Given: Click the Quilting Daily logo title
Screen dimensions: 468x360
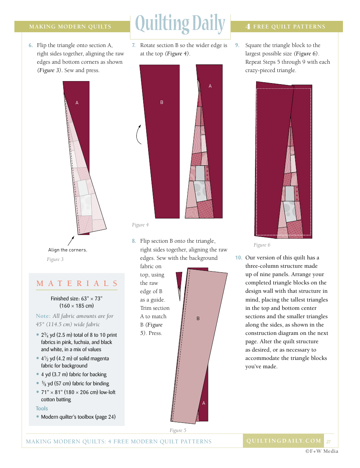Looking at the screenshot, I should pyautogui.click(x=180, y=24).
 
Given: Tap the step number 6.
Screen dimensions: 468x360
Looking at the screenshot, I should pyautogui.click(x=31, y=46).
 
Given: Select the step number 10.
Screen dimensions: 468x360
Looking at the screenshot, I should pyautogui.click(x=238, y=258).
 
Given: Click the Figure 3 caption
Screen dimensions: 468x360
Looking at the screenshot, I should pyautogui.click(x=55, y=259).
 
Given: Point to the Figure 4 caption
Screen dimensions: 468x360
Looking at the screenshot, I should pyautogui.click(x=140, y=225).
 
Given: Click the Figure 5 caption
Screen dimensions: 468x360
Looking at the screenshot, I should pyautogui.click(x=178, y=430).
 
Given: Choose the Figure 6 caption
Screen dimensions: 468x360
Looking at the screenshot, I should pyautogui.click(x=262, y=245).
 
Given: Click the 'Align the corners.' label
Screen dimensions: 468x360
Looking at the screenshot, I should pyautogui.click(x=67, y=250).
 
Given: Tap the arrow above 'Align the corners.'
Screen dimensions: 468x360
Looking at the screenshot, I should pyautogui.click(x=71, y=240).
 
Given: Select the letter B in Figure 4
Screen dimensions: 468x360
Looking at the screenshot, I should pyautogui.click(x=162, y=102).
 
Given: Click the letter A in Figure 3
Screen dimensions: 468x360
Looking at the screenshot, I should pyautogui.click(x=77, y=103).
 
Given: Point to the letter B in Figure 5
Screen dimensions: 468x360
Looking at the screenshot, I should pyautogui.click(x=198, y=319).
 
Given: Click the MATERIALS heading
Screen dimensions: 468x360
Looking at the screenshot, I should pyautogui.click(x=77, y=284).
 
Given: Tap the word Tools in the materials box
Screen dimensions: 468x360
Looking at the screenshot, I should pyautogui.click(x=42, y=408).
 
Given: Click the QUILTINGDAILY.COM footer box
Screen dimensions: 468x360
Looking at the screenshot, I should pyautogui.click(x=283, y=441).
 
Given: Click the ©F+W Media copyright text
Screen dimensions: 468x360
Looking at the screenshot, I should pyautogui.click(x=322, y=451).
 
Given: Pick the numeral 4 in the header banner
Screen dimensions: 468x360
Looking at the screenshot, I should pyautogui.click(x=248, y=27).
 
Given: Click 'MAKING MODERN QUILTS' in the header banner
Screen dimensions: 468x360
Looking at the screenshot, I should pyautogui.click(x=70, y=27).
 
